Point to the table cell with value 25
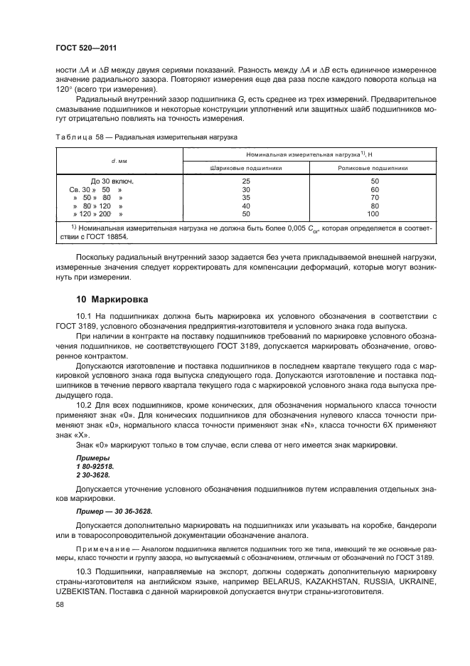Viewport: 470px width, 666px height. pyautogui.click(x=247, y=181)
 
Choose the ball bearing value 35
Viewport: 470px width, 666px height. pyautogui.click(x=247, y=198)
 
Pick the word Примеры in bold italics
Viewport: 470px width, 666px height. pyautogui.click(x=92, y=458)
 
